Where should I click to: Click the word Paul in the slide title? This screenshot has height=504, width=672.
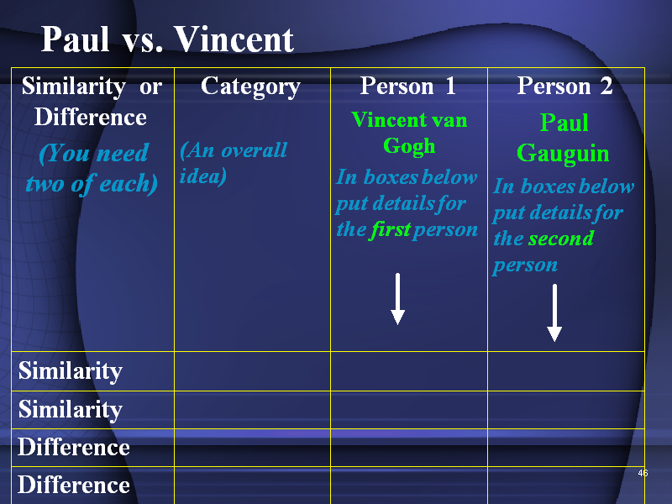click(75, 39)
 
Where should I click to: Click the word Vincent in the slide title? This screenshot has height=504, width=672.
click(234, 39)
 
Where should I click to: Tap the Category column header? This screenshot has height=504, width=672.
click(250, 87)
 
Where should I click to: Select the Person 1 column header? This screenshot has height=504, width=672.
click(407, 86)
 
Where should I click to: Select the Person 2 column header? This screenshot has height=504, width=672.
click(564, 86)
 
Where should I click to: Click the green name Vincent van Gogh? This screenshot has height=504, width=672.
click(409, 133)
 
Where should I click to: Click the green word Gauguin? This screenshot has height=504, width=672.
click(563, 154)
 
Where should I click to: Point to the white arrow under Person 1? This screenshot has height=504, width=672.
click(397, 299)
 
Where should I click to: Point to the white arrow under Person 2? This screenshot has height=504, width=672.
click(554, 312)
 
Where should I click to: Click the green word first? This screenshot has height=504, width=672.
click(390, 229)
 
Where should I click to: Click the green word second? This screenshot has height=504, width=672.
click(561, 239)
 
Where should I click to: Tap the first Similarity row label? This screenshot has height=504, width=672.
click(71, 371)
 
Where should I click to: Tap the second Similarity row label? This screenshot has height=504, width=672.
click(71, 410)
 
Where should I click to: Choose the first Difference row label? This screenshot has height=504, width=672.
click(74, 448)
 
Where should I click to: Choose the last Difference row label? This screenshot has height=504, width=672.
click(74, 486)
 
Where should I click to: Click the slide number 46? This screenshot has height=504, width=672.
click(643, 473)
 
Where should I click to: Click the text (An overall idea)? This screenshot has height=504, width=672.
click(234, 163)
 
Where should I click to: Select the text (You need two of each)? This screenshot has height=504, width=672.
click(92, 169)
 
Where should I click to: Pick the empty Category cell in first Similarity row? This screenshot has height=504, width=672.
click(253, 371)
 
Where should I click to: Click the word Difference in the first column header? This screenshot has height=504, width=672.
click(91, 117)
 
